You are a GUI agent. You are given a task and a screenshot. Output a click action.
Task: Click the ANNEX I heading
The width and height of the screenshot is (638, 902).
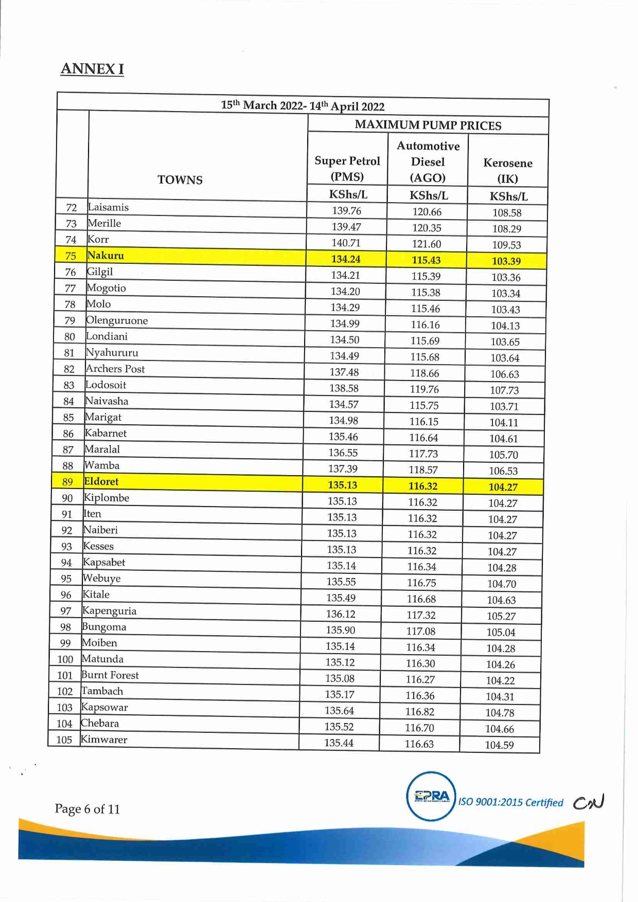tap(92, 69)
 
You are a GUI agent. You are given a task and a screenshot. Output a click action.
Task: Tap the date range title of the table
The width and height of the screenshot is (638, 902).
tap(303, 106)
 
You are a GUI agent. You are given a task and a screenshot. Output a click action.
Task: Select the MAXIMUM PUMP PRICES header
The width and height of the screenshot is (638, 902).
tap(428, 125)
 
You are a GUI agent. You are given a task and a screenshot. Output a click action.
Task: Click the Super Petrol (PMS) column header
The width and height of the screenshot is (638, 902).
tap(347, 169)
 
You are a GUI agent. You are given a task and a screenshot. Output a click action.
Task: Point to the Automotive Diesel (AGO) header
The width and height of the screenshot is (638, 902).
tap(428, 162)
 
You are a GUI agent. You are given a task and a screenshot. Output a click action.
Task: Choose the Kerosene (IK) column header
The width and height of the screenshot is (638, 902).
tap(507, 170)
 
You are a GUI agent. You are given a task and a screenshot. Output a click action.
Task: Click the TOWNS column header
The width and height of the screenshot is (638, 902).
tap(180, 180)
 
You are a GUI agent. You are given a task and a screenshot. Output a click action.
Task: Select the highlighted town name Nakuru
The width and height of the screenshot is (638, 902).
tap(105, 256)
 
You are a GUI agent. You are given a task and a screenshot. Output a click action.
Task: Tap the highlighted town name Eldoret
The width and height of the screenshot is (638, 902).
tap(101, 481)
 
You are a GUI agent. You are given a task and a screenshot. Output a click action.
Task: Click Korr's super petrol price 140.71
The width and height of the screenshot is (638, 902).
tap(346, 243)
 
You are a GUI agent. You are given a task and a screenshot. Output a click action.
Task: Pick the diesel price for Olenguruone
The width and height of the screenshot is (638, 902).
tap(425, 324)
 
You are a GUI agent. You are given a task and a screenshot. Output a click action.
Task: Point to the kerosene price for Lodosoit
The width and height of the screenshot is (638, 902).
tap(504, 390)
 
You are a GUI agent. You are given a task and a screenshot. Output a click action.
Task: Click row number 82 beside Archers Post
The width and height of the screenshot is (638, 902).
tap(69, 369)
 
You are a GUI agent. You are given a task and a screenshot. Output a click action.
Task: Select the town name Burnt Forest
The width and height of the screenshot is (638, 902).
tap(110, 675)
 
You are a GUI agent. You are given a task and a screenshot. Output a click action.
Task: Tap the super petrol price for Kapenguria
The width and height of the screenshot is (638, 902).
tap(341, 614)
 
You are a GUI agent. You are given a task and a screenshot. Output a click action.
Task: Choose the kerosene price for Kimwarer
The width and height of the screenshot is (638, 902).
tap(499, 745)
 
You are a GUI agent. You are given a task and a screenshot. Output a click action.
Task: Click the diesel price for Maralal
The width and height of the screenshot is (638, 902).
tap(423, 454)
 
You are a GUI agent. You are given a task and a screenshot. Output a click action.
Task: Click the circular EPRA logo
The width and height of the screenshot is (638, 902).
tap(431, 796)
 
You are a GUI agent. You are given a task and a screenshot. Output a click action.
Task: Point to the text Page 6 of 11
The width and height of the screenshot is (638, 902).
tap(87, 809)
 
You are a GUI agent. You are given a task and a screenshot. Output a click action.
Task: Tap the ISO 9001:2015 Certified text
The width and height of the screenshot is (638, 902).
tap(510, 802)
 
